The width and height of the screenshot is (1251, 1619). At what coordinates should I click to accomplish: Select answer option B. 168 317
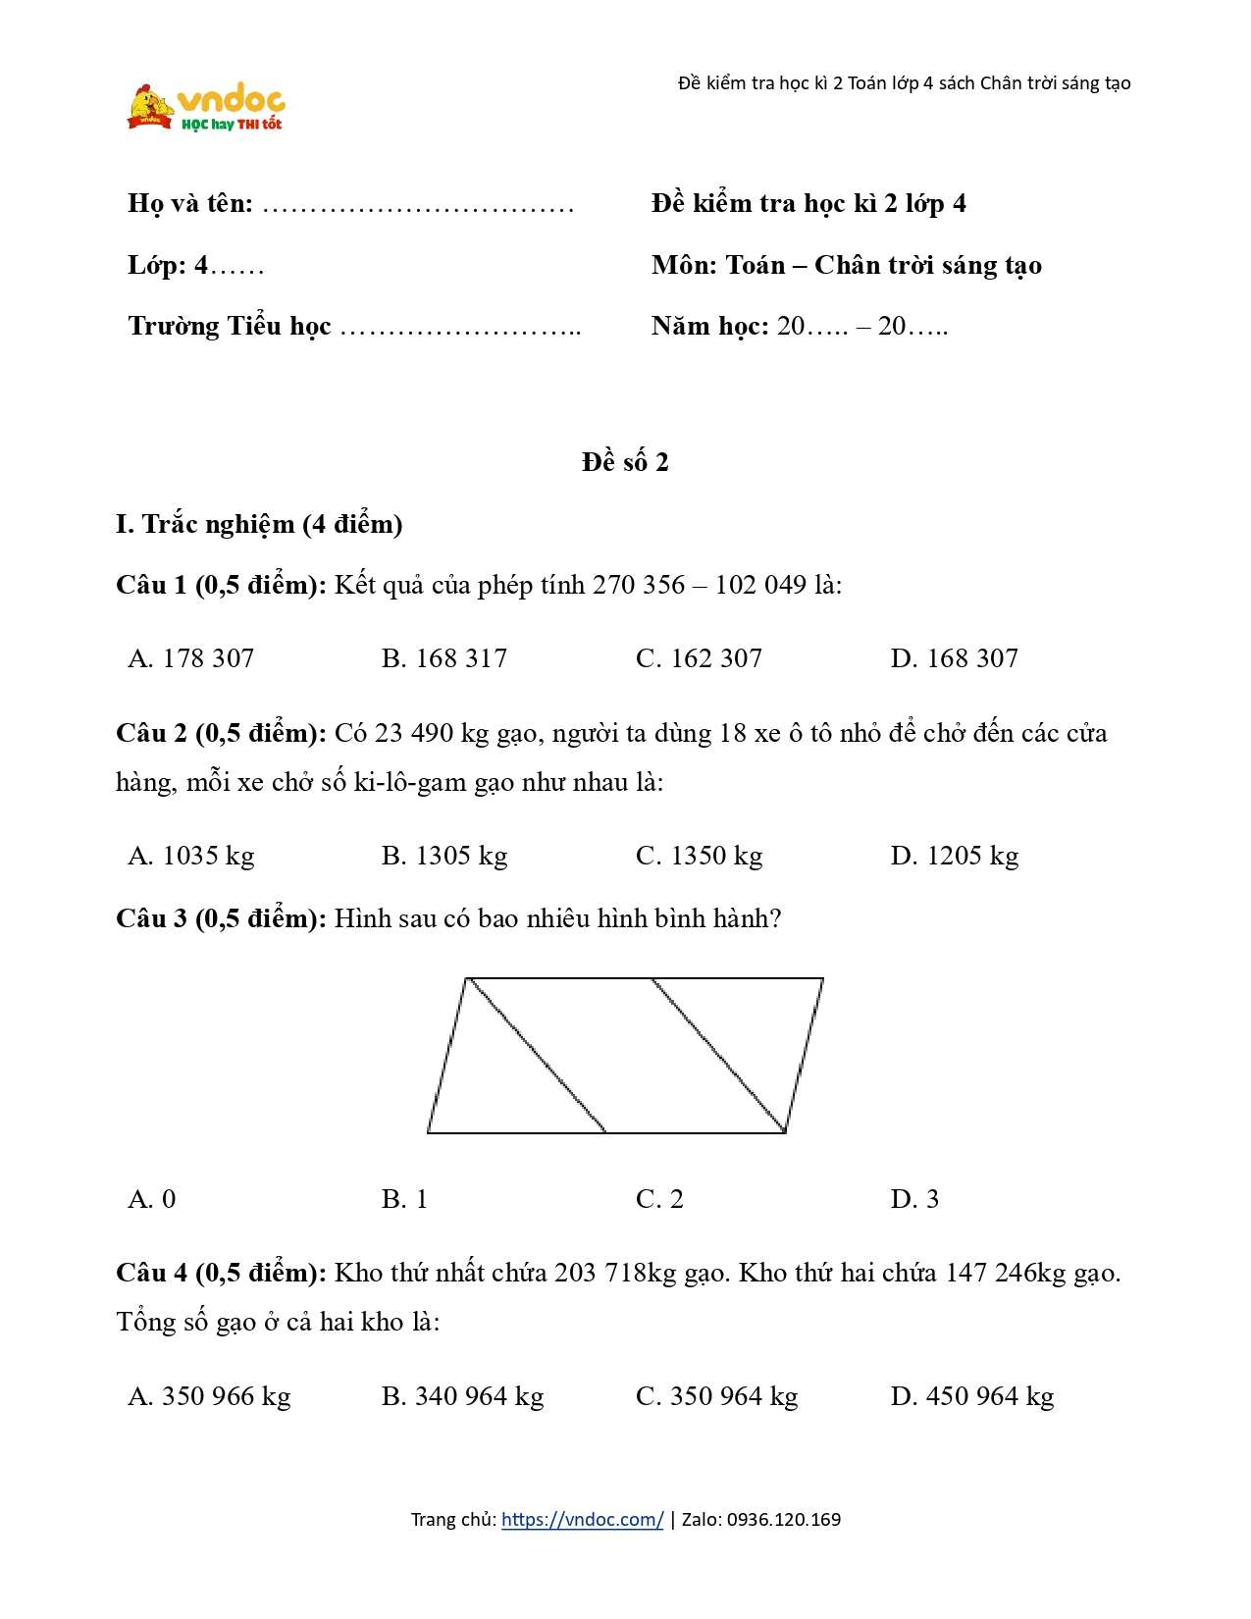click(443, 658)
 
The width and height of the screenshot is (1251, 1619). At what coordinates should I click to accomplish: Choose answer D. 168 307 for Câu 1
click(954, 658)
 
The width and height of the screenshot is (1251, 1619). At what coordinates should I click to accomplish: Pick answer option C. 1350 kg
click(699, 856)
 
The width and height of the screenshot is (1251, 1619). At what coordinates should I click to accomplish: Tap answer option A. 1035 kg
click(191, 856)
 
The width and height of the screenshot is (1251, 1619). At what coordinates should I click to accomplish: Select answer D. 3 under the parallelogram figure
click(914, 1199)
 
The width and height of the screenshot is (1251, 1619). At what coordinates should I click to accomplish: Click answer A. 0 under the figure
click(152, 1199)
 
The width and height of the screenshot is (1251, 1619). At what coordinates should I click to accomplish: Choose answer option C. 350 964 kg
click(716, 1396)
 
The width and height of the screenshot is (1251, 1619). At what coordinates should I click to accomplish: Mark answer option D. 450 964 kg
click(971, 1396)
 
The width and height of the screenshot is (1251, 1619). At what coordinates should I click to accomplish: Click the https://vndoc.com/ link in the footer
click(582, 1520)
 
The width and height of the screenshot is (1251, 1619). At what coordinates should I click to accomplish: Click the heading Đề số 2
click(625, 462)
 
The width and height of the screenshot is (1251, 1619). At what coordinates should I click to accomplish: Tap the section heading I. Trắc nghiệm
click(259, 524)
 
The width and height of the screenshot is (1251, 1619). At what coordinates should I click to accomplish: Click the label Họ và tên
click(190, 204)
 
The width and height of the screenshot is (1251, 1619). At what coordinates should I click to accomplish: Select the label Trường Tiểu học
click(230, 326)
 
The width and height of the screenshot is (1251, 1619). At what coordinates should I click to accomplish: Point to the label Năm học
click(709, 326)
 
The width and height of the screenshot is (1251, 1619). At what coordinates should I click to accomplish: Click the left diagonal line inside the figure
click(537, 1056)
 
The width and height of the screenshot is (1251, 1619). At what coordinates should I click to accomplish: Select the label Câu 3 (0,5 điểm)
click(221, 918)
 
